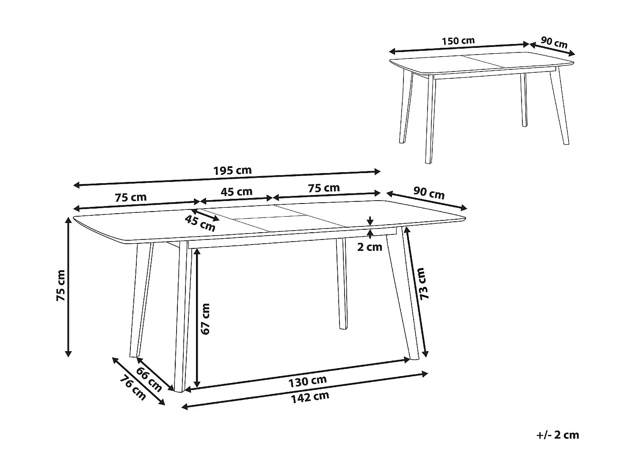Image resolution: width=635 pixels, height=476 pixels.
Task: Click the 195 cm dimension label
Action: [232, 171]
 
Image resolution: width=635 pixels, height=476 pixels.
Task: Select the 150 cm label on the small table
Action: [458, 41]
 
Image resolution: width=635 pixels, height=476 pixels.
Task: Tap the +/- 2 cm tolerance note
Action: [557, 435]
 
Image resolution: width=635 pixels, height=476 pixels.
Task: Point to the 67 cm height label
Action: [205, 319]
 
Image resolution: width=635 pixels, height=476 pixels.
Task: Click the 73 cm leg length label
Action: [424, 283]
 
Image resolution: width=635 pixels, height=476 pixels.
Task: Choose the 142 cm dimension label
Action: [309, 397]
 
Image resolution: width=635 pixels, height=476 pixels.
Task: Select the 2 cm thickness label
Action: [370, 247]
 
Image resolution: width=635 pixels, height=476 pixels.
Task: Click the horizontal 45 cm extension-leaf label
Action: [237, 192]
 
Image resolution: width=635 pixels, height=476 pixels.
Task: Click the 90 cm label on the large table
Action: [429, 193]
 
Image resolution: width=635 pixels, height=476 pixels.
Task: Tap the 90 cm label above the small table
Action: [554, 43]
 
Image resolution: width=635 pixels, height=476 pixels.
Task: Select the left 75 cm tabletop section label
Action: [130, 197]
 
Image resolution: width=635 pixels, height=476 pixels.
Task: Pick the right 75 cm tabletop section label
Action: [324, 188]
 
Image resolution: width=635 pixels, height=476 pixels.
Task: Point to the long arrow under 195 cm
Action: [227, 178]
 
